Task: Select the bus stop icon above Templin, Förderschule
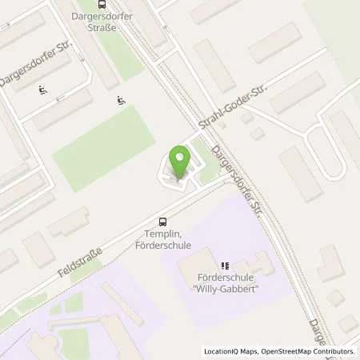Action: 163,222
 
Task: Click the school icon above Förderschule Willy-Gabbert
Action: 225,266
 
